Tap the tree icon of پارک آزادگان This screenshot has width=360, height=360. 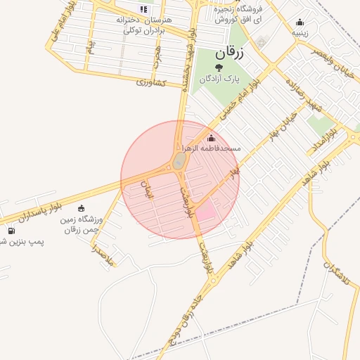(219, 67)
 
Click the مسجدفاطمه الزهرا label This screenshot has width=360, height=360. (212, 149)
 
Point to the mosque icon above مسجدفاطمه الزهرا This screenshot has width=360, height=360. (211, 138)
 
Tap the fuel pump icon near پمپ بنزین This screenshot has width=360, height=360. (11, 231)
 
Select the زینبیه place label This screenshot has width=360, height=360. (300, 32)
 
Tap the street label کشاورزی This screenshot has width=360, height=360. (150, 82)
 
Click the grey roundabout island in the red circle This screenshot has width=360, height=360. (178, 162)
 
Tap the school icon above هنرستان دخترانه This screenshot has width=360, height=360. (144, 10)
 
